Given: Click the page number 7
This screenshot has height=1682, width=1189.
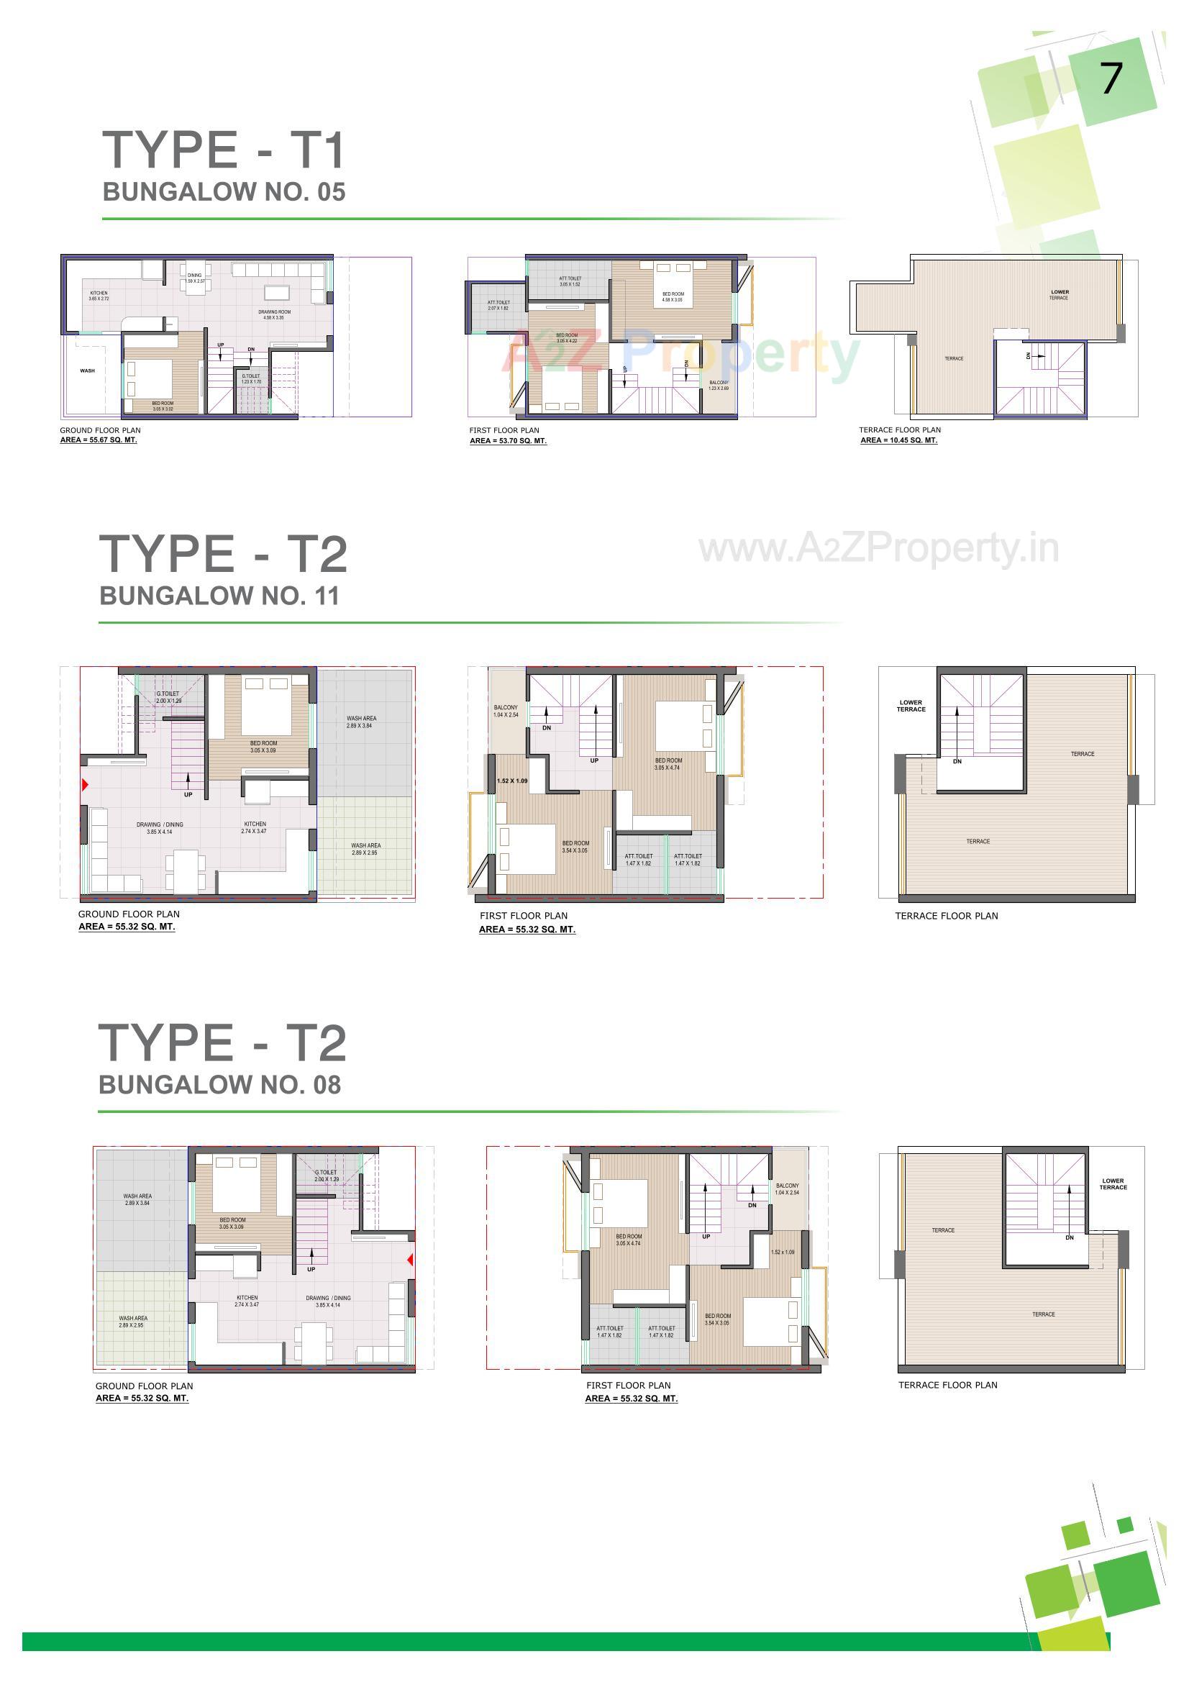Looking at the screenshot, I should coord(1111,78).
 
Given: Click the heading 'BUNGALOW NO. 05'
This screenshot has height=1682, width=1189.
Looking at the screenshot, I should coord(224,192).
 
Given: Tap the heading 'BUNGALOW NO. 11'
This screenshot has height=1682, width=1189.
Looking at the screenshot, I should coord(219,596).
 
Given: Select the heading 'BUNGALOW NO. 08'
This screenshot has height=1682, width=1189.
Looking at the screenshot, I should coord(219,1084).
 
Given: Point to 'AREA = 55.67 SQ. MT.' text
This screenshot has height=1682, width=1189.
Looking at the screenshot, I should coord(98,440).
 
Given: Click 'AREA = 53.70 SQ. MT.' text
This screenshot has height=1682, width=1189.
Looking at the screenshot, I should coord(508,441).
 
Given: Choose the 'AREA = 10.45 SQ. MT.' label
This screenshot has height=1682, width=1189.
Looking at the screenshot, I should coord(898,440).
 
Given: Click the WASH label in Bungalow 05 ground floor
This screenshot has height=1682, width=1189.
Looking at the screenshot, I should coord(87,371).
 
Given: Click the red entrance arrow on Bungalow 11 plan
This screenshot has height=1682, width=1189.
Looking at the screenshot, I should coord(85,785).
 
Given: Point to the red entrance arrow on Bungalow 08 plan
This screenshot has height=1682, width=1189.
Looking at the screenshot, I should coord(410,1259).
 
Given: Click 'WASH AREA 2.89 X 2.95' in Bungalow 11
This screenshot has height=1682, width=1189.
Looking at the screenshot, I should coord(365,848).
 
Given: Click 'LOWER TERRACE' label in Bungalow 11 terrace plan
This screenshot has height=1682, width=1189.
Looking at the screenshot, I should coord(911,706).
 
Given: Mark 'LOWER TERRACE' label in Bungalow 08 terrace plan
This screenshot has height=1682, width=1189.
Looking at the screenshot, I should coord(1112,1184).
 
